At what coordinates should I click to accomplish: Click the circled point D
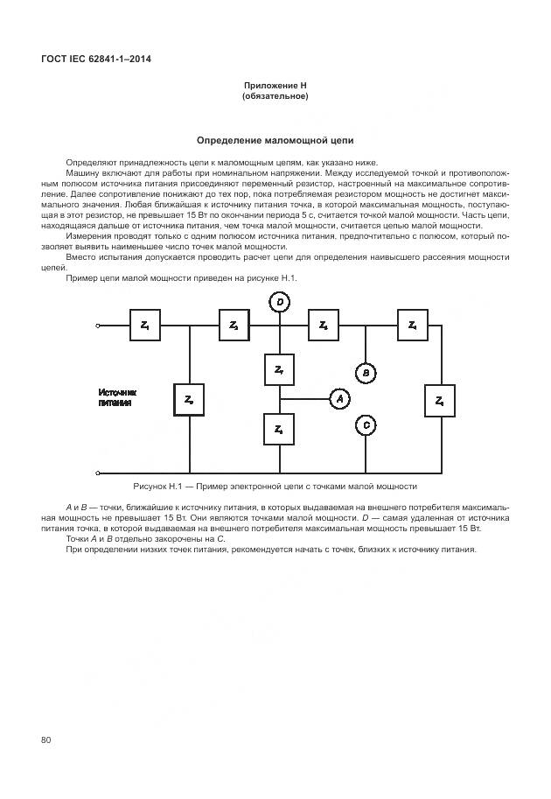tap(279, 303)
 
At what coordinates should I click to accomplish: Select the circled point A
tap(339, 398)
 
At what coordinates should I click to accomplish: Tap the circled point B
tap(366, 372)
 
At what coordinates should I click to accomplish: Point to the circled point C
tap(366, 425)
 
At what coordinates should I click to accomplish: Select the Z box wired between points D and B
tap(323, 326)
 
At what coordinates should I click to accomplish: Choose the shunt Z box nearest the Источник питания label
tap(189, 399)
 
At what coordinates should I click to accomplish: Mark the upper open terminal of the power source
tap(98, 326)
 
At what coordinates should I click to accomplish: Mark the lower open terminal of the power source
tap(98, 472)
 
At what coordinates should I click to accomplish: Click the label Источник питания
tap(117, 398)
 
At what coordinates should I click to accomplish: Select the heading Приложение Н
tap(275, 86)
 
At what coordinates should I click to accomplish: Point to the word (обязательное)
tap(275, 95)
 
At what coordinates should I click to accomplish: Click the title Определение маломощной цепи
tap(275, 140)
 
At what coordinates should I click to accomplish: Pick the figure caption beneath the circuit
tap(275, 486)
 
